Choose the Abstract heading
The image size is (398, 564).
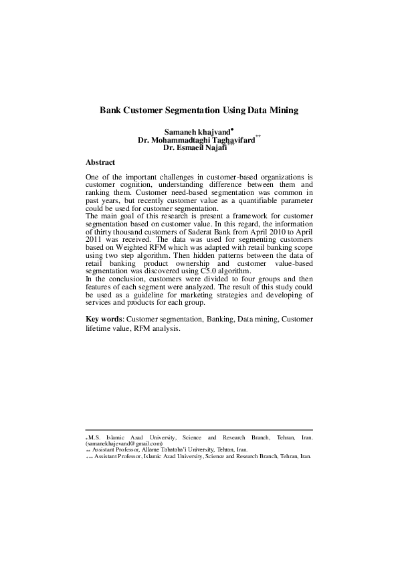[x=100, y=163]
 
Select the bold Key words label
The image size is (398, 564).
[x=104, y=320]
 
